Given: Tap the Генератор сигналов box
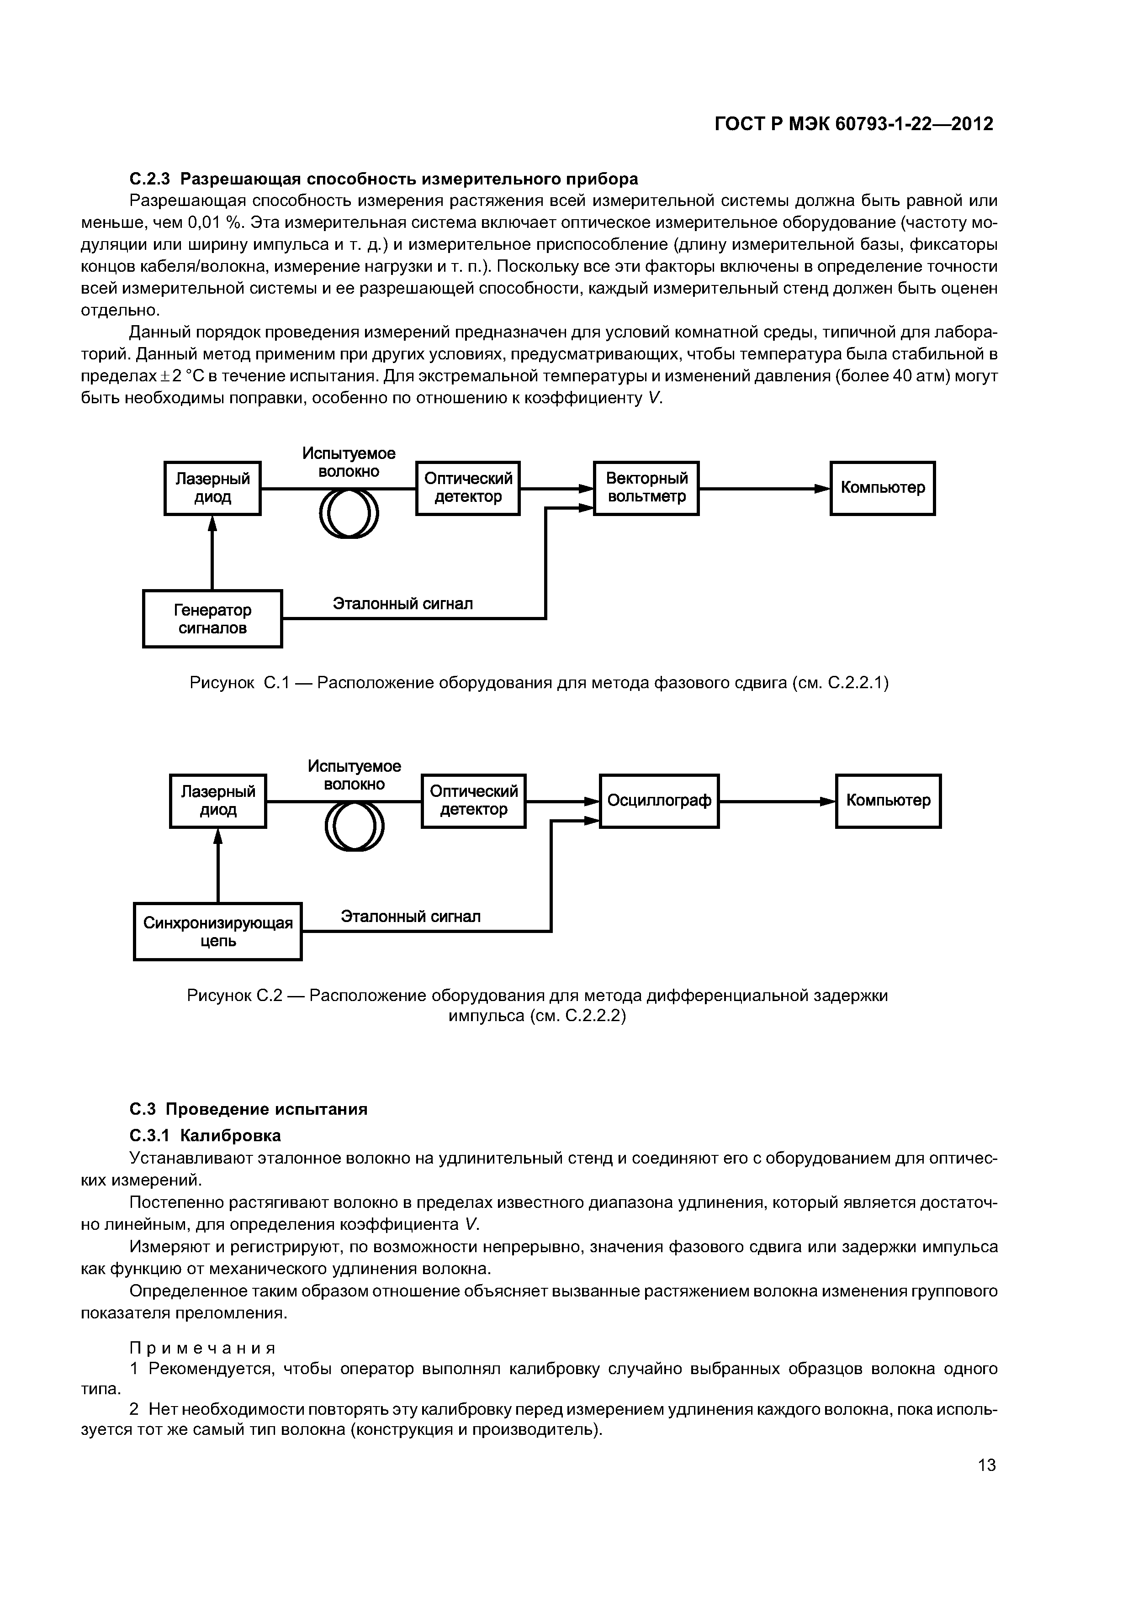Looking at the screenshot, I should pos(212,619).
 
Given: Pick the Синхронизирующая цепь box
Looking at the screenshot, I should pos(218,932).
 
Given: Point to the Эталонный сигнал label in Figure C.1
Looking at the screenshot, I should pos(402,604).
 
